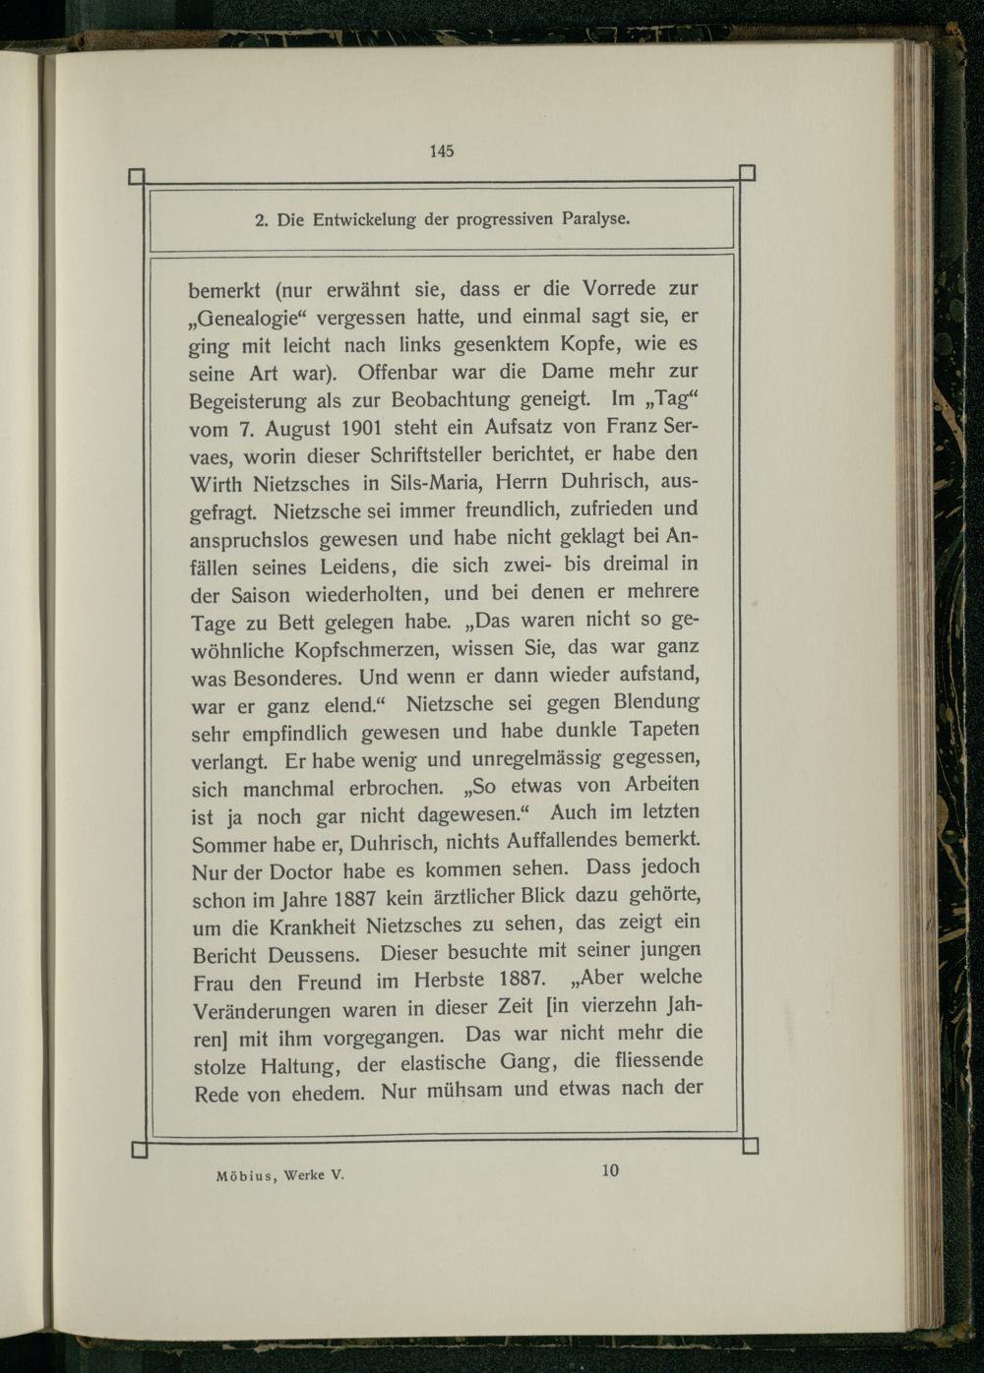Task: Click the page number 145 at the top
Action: (441, 151)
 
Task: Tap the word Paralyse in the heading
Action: (595, 218)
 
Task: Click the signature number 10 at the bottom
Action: (610, 1169)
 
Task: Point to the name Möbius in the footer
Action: (244, 1176)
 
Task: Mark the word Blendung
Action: (656, 702)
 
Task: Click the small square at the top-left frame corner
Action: (137, 177)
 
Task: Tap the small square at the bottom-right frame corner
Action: (750, 1145)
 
